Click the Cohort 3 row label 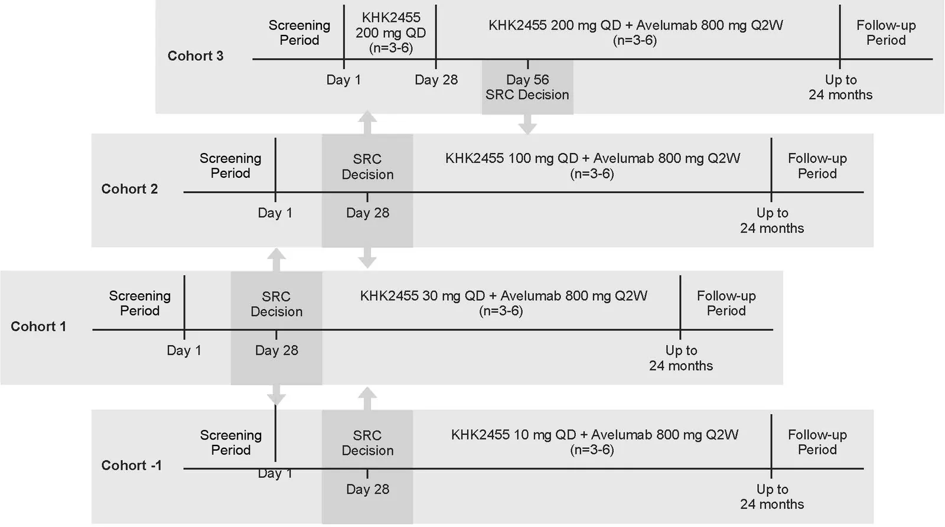click(x=195, y=56)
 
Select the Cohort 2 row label click(x=129, y=188)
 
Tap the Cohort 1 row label click(x=38, y=326)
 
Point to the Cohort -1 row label click(x=132, y=465)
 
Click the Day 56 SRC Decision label click(x=527, y=87)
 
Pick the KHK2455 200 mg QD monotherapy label click(x=391, y=32)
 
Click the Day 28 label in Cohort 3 click(x=436, y=80)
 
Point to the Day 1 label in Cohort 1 click(x=184, y=350)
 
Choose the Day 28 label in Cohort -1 click(x=367, y=489)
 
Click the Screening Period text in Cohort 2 click(x=230, y=166)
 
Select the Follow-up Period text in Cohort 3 click(x=886, y=32)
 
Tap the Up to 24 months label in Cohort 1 click(x=681, y=358)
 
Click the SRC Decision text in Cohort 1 click(x=276, y=304)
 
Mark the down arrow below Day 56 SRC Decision click(x=527, y=124)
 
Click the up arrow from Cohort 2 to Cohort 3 click(x=367, y=122)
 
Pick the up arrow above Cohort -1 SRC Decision click(x=367, y=399)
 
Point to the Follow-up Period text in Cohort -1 click(x=817, y=442)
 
